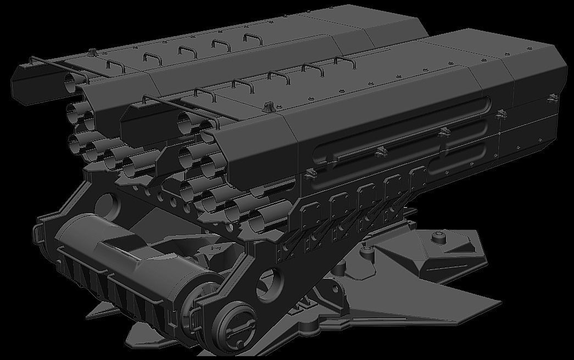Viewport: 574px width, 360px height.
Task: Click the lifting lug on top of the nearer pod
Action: point(269,106)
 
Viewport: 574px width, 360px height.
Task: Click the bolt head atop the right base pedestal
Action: point(437,237)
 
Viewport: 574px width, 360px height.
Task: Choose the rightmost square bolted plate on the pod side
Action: point(419,178)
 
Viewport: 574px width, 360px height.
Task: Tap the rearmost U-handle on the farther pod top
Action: point(252,39)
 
